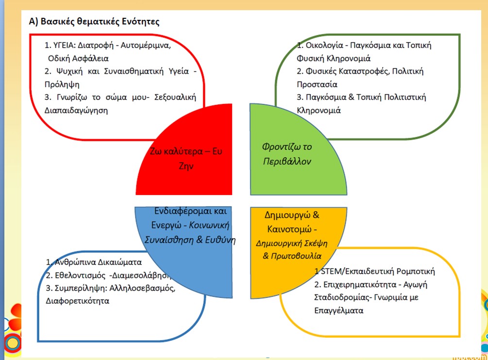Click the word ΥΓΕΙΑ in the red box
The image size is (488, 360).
[x=65, y=46]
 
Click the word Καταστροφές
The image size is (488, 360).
[x=355, y=71]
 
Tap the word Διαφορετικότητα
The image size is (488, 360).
[x=77, y=300]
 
